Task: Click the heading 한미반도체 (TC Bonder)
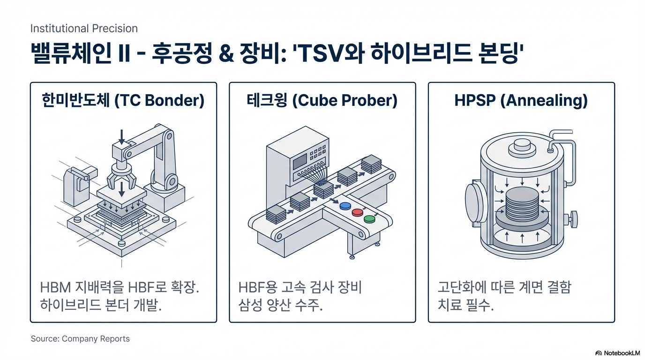coord(123,101)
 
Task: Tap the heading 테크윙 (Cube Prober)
coord(322,101)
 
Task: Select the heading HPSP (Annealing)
coord(521,101)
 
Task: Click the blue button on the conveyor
coord(345,206)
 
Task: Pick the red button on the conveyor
coord(357,212)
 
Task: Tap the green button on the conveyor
coord(369,218)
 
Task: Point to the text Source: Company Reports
coord(80,338)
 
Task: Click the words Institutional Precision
coord(84,29)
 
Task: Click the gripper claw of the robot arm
coord(121,176)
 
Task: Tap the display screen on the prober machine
coord(300,162)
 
